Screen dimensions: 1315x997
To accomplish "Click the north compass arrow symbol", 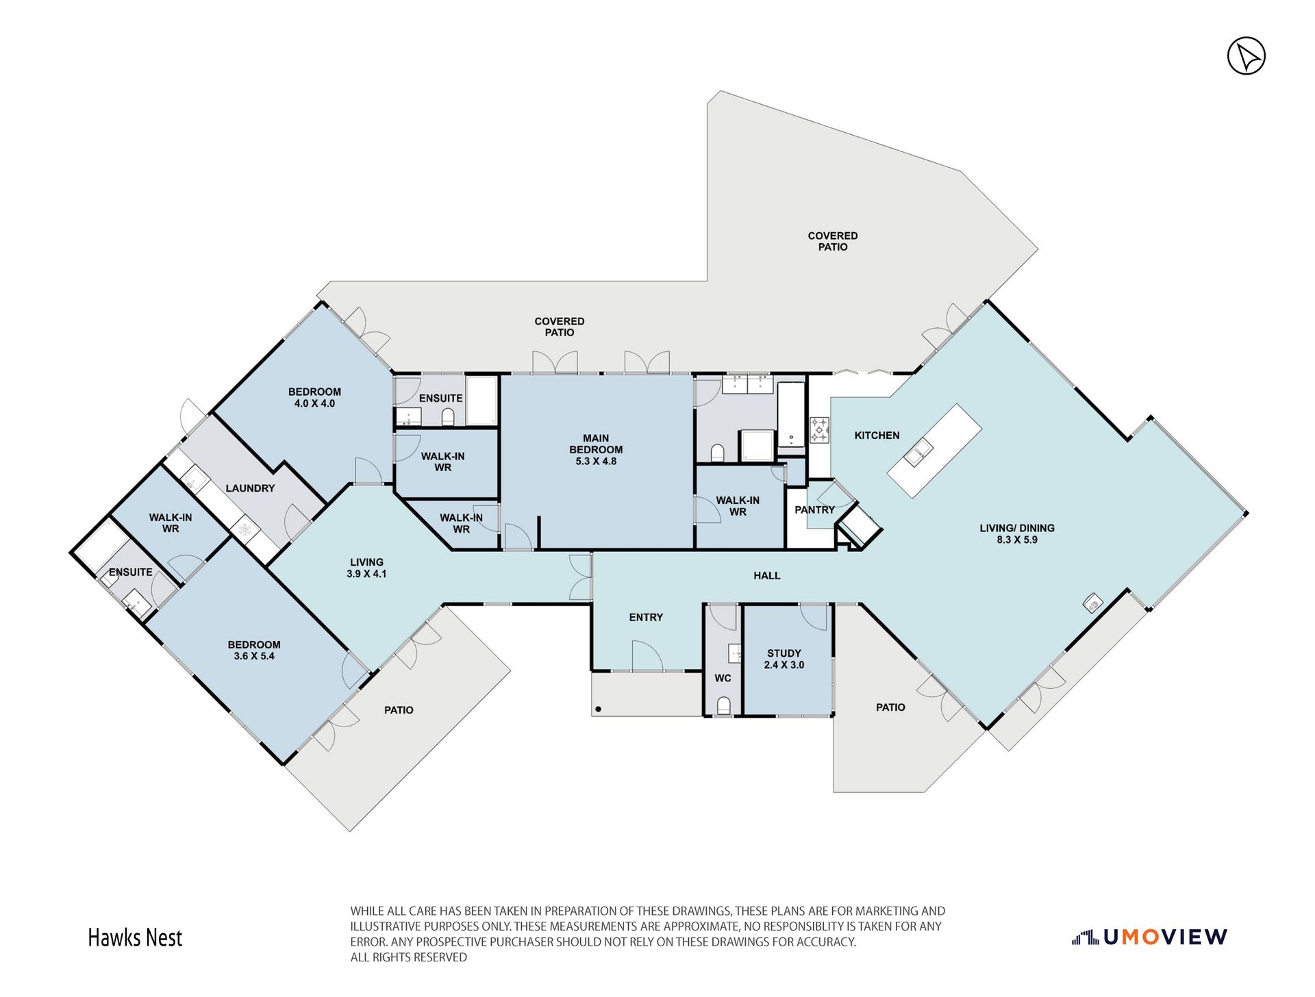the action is coord(1246,56).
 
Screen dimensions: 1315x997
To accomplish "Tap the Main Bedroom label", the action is coord(596,449).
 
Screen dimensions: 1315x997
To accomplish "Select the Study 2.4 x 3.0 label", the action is coord(784,659).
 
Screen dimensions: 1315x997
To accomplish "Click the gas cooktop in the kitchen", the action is coord(820,430).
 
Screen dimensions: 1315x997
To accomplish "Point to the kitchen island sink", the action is coord(918,452).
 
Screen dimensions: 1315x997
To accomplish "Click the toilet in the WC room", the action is coord(723,705).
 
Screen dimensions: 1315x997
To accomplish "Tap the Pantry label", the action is coord(814,509).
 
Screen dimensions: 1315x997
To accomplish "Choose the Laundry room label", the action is coord(250,488).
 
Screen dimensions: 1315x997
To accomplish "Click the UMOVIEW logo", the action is coord(1149,937).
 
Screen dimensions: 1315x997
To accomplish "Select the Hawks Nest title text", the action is coord(135,937).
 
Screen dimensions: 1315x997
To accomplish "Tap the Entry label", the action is coord(646,617).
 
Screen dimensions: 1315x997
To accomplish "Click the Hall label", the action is coord(766,575).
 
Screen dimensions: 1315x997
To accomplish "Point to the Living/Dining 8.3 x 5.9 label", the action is coord(1017,533).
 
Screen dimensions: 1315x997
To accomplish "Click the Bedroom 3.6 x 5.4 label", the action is coord(254,650).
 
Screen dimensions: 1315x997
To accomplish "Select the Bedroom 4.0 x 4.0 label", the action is coord(314,397).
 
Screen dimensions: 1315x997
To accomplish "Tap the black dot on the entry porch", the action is coord(598,709).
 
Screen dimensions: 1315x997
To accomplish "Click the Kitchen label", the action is coord(877,435).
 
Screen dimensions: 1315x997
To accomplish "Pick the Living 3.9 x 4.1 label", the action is coord(366,568).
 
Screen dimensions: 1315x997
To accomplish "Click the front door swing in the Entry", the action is coord(647,655).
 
